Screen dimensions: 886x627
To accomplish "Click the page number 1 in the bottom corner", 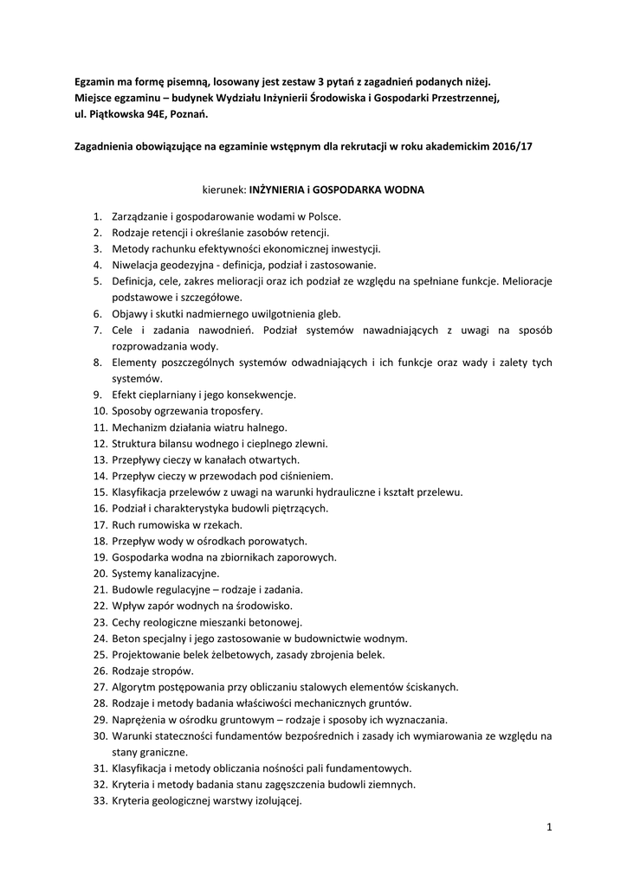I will point(549,828).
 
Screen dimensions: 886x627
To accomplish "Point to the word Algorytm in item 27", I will point(134,688).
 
